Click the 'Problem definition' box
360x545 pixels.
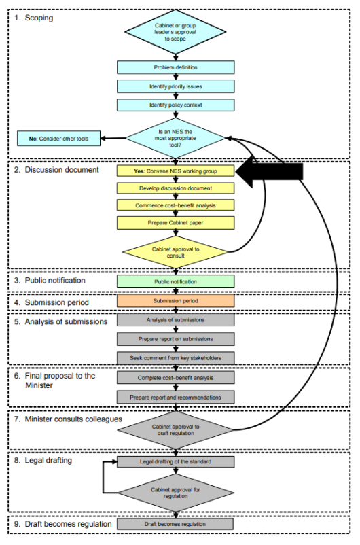point(175,67)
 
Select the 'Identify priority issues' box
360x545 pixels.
point(175,86)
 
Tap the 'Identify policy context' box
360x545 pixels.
point(175,105)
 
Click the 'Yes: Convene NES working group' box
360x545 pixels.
point(175,171)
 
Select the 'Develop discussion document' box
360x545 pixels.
point(175,188)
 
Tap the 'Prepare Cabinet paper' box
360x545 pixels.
point(175,222)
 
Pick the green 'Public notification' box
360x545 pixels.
point(175,281)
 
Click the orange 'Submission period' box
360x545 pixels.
point(175,300)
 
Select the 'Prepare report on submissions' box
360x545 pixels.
point(175,338)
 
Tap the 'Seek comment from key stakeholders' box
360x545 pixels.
point(175,357)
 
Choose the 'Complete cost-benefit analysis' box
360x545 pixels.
point(175,377)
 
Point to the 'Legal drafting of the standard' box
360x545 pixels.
point(175,462)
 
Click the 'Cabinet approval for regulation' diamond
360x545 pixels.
point(175,493)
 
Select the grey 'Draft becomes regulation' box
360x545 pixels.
point(175,524)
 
